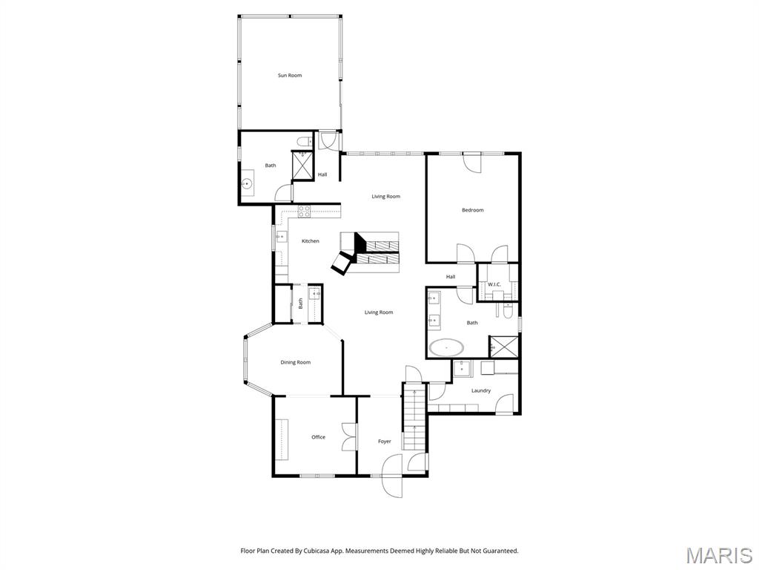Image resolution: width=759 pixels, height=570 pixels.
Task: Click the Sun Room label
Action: [x=290, y=76]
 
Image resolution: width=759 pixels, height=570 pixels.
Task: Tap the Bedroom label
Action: [x=472, y=210]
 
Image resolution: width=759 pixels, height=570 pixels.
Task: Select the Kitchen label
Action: [x=311, y=241]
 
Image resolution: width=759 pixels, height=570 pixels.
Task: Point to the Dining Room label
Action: [x=295, y=362]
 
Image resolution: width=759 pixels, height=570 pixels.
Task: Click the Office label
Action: [x=318, y=437]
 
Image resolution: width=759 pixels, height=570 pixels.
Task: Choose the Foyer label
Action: [x=384, y=442]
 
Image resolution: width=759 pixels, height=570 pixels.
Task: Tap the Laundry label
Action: [x=480, y=390]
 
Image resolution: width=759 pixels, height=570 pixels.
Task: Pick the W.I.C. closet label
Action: [x=494, y=284]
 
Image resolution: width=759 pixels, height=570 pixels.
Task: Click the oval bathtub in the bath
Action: [x=447, y=347]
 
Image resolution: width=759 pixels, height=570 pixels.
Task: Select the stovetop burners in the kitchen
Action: [x=304, y=211]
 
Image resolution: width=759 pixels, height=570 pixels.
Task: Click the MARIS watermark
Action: [x=719, y=554]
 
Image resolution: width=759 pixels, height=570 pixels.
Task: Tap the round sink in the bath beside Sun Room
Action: [x=248, y=183]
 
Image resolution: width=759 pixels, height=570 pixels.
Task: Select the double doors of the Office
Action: [x=348, y=436]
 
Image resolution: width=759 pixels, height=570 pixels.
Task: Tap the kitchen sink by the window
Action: [x=281, y=237]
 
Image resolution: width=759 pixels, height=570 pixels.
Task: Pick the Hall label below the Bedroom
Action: [x=451, y=277]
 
